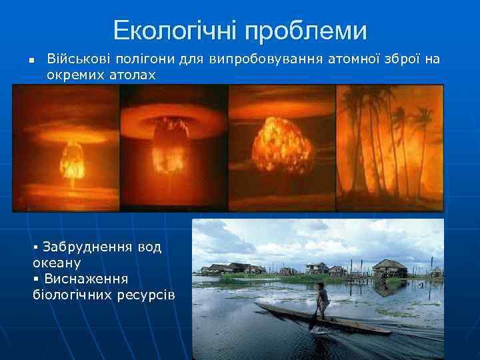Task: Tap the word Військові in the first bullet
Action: click(x=76, y=60)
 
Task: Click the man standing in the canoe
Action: click(x=322, y=301)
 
